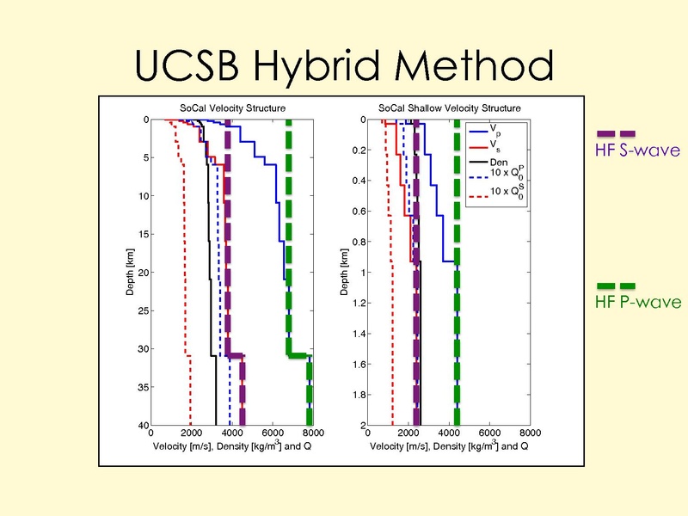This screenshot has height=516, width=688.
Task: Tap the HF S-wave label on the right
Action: tap(637, 151)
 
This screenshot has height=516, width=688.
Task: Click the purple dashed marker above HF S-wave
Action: tap(617, 133)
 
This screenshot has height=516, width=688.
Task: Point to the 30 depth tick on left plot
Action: tap(144, 348)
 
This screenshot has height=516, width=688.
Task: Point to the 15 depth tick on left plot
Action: tap(144, 234)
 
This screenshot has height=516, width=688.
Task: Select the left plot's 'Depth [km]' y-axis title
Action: tap(127, 272)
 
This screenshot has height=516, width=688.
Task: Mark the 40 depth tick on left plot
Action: tap(144, 425)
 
